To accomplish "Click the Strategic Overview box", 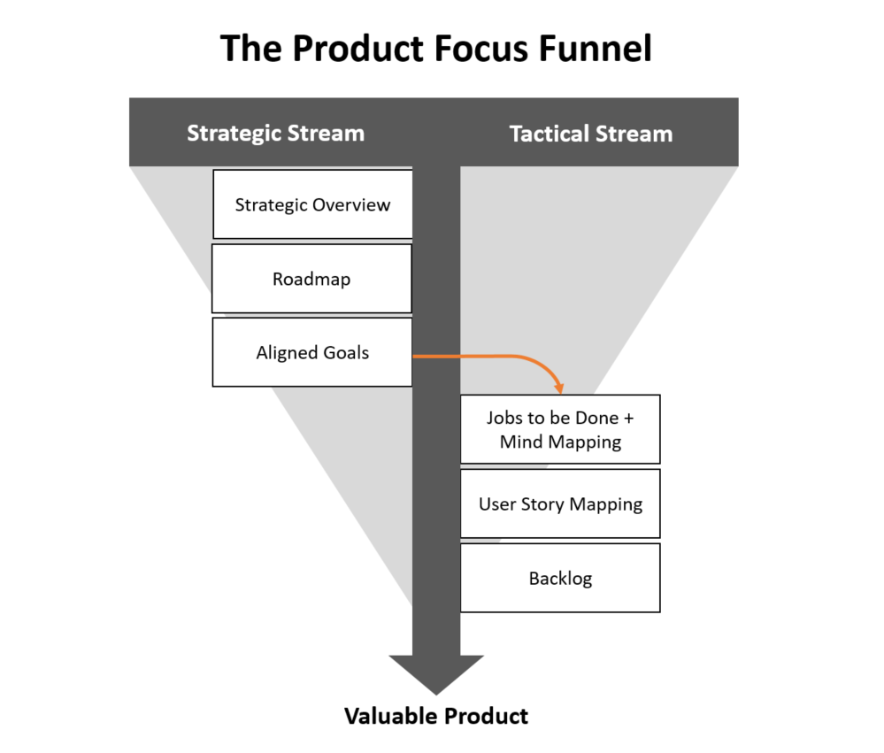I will click(312, 204).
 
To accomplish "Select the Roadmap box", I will click(311, 279).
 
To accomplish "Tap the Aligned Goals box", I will click(311, 352).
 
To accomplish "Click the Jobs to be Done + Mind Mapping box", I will click(560, 429).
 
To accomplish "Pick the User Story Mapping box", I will click(560, 504).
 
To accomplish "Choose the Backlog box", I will click(560, 579).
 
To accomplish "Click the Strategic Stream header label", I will click(275, 134).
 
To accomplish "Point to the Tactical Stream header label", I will click(591, 134).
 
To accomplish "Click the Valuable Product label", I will click(435, 716).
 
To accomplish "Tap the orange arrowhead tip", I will click(559, 391).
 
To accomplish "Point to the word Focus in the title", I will click(481, 48).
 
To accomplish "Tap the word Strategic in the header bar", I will click(234, 134).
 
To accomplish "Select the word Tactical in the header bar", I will click(551, 134).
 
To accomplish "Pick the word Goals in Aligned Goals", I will click(346, 352).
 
